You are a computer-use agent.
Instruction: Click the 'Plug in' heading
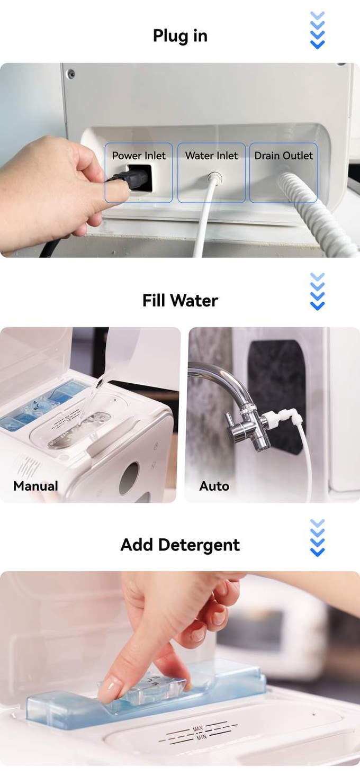180,36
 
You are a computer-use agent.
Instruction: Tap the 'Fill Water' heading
180,300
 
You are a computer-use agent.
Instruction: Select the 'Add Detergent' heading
180,545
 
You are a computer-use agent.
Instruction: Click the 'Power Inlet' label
139,156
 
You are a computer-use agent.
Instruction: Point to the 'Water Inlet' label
211,156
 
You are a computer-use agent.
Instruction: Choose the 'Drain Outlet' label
283,156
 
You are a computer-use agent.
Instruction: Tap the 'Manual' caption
35,486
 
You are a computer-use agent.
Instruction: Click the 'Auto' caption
214,486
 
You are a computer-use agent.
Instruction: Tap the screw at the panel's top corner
71,74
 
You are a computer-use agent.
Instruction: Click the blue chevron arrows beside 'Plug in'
317,30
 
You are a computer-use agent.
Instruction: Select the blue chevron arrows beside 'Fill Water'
317,291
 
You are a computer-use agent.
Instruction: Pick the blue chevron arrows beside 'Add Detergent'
317,538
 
